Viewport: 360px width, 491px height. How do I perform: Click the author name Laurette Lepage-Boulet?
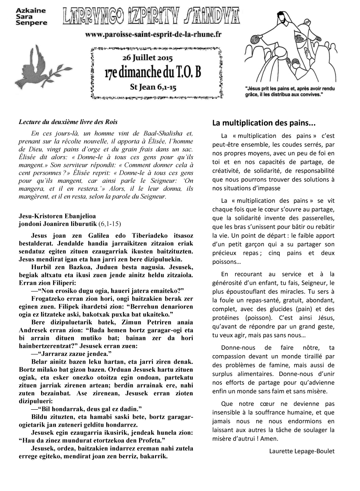(302, 451)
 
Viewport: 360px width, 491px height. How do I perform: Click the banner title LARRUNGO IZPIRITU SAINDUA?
(151, 17)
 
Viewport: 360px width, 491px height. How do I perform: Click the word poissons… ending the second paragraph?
(226, 261)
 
